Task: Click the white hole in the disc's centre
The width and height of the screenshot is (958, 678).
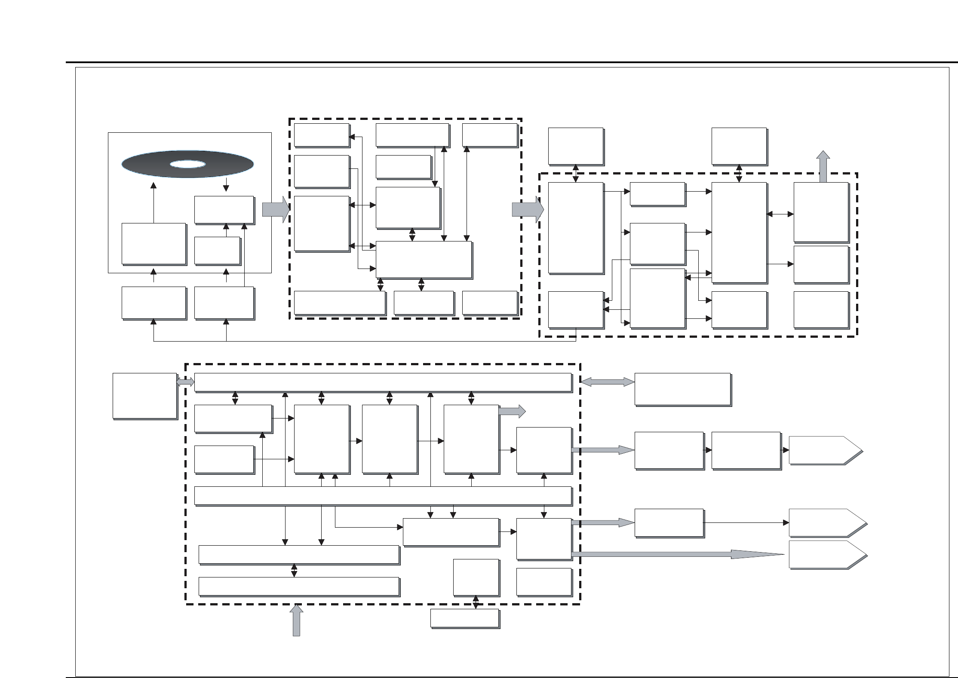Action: point(187,164)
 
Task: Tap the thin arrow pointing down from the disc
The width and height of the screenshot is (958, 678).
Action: point(227,184)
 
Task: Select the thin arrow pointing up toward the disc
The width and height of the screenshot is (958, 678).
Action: point(154,202)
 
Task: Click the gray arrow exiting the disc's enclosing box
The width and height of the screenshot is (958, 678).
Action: point(276,210)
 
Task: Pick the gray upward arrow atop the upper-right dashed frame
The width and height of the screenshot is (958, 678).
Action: point(823,166)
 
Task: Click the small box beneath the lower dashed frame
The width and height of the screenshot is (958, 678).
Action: point(464,618)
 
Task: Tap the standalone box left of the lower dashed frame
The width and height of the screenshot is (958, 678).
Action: point(144,395)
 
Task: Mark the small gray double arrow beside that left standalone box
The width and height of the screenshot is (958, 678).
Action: point(185,382)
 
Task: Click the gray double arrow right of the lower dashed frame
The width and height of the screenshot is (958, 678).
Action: point(607,382)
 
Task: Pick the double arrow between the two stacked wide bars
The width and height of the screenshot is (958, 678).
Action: point(294,571)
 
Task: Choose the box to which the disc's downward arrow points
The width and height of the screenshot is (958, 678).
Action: point(224,210)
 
